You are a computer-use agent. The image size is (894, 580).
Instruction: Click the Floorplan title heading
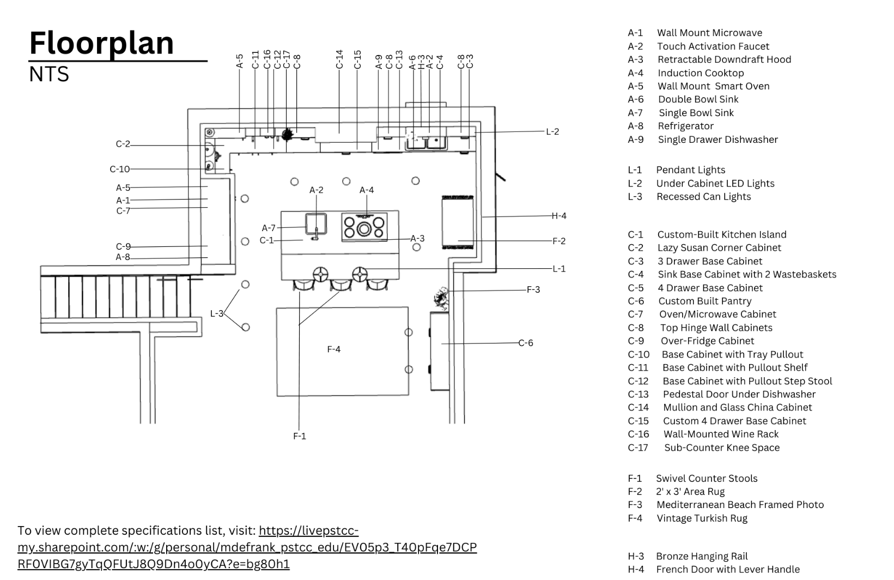pyautogui.click(x=101, y=43)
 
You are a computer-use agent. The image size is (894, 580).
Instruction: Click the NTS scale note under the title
pyautogui.click(x=49, y=74)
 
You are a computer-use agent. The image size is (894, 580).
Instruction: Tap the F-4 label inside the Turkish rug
pyautogui.click(x=333, y=349)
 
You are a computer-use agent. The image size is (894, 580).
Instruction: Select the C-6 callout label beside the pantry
pyautogui.click(x=525, y=343)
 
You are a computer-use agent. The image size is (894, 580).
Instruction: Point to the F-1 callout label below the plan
pyautogui.click(x=300, y=436)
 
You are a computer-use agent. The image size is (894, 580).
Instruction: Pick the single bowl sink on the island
pyautogui.click(x=316, y=225)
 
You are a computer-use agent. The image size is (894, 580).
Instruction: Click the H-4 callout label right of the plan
pyautogui.click(x=559, y=216)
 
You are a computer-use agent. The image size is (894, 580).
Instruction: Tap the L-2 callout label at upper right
pyautogui.click(x=552, y=131)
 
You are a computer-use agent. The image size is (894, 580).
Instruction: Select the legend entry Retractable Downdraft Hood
pyautogui.click(x=724, y=59)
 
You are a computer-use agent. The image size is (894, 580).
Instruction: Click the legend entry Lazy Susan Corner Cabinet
pyautogui.click(x=719, y=247)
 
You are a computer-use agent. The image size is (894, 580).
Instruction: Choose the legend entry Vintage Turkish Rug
pyautogui.click(x=702, y=518)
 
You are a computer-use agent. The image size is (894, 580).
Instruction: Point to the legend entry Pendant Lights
pyautogui.click(x=690, y=170)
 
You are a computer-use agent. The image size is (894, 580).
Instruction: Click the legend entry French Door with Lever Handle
pyautogui.click(x=728, y=569)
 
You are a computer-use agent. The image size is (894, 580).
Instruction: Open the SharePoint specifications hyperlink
pyautogui.click(x=247, y=547)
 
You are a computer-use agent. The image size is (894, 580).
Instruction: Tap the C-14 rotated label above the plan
pyautogui.click(x=339, y=59)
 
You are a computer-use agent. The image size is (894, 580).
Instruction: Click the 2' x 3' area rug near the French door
pyautogui.click(x=458, y=222)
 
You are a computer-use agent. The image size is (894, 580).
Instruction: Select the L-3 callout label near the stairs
pyautogui.click(x=216, y=313)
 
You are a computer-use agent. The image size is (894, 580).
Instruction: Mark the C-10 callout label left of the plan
pyautogui.click(x=120, y=169)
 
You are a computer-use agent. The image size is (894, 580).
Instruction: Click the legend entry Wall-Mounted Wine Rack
pyautogui.click(x=721, y=434)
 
